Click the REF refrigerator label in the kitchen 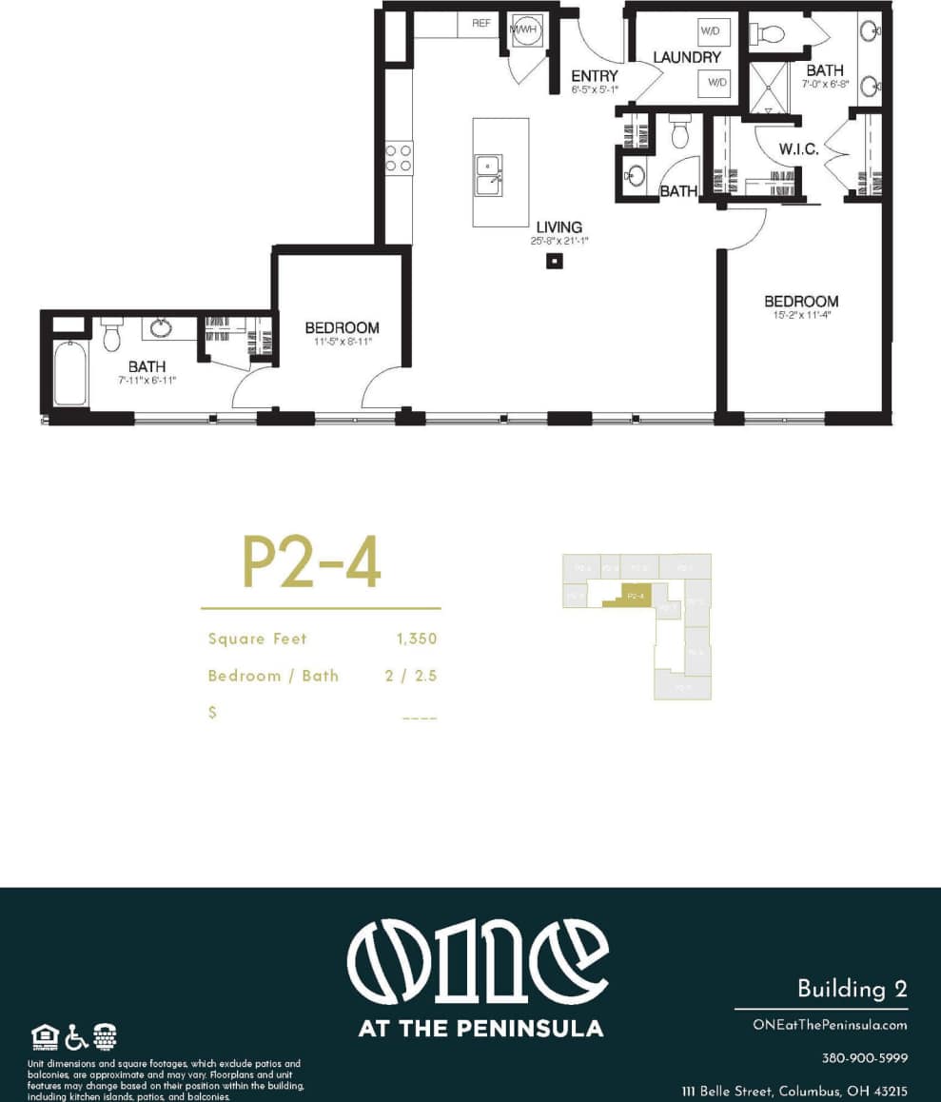point(480,23)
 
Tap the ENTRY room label point(595,76)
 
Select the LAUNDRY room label point(687,57)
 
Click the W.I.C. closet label point(797,149)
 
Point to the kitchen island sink point(489,175)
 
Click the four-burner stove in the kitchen point(399,157)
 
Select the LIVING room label point(559,226)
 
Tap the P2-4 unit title point(312,562)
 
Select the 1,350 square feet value point(417,639)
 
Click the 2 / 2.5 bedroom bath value point(409,676)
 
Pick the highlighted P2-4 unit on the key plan point(636,596)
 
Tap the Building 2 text point(852,989)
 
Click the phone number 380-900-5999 point(864,1058)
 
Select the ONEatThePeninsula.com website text point(828,1025)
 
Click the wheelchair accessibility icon point(76,1035)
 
